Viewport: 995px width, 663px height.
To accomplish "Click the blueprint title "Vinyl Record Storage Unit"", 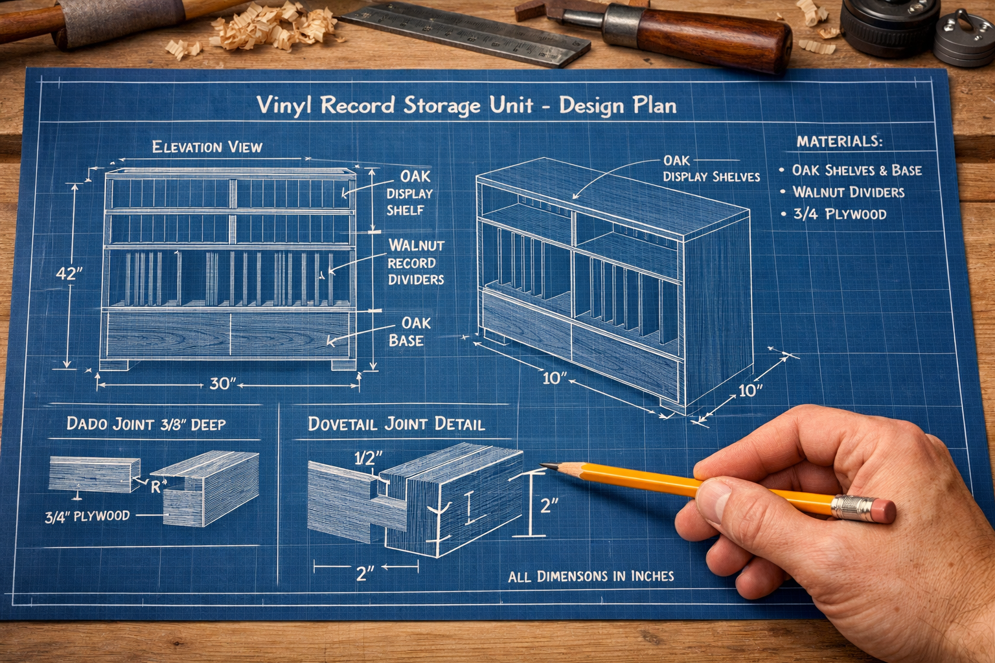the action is (x=395, y=106).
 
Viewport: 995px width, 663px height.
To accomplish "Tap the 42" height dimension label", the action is (x=69, y=274).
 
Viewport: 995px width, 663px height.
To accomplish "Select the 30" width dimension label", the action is (x=222, y=384).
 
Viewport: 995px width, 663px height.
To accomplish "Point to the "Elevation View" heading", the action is (x=207, y=147).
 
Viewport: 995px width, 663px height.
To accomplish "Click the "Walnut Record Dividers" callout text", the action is (x=417, y=262).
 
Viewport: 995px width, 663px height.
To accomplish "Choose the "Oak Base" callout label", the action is (x=409, y=331).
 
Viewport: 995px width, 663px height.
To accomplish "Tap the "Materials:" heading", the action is (x=839, y=142).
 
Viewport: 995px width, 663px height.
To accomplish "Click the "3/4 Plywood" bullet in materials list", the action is (x=840, y=214).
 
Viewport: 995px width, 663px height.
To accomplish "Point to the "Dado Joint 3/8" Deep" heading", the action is (x=146, y=424).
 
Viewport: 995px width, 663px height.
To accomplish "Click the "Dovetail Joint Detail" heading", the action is (x=396, y=424).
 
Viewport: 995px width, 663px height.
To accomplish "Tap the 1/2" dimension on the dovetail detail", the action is (x=368, y=458).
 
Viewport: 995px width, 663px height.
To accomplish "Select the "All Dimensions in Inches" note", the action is (x=591, y=576).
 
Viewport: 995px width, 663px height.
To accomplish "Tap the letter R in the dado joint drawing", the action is (x=155, y=488).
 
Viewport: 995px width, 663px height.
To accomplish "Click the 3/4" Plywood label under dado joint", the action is (x=87, y=517).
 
